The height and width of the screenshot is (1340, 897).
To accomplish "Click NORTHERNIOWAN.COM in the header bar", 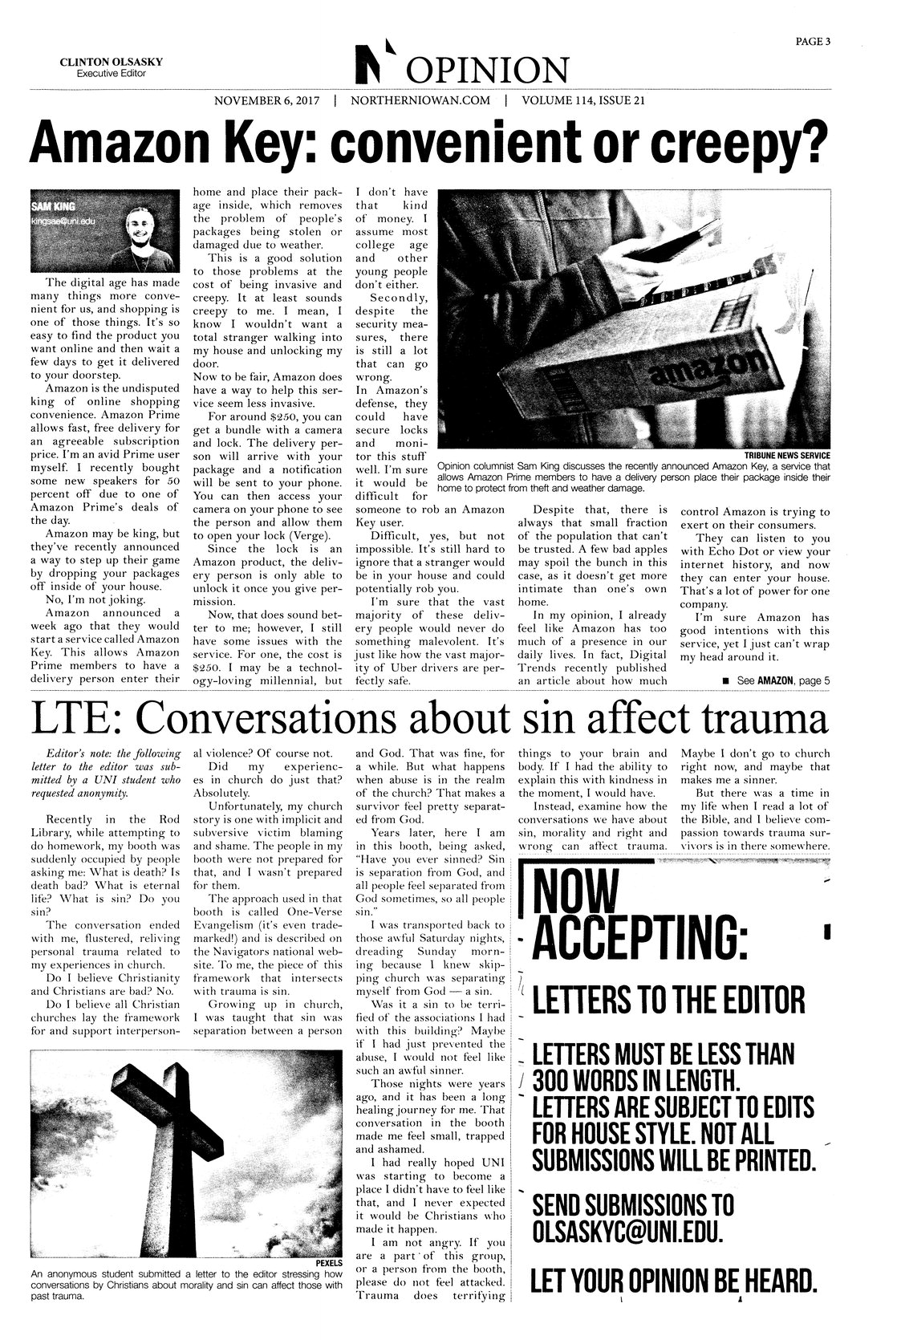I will click(420, 102).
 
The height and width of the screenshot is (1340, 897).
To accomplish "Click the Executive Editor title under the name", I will click(103, 74).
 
